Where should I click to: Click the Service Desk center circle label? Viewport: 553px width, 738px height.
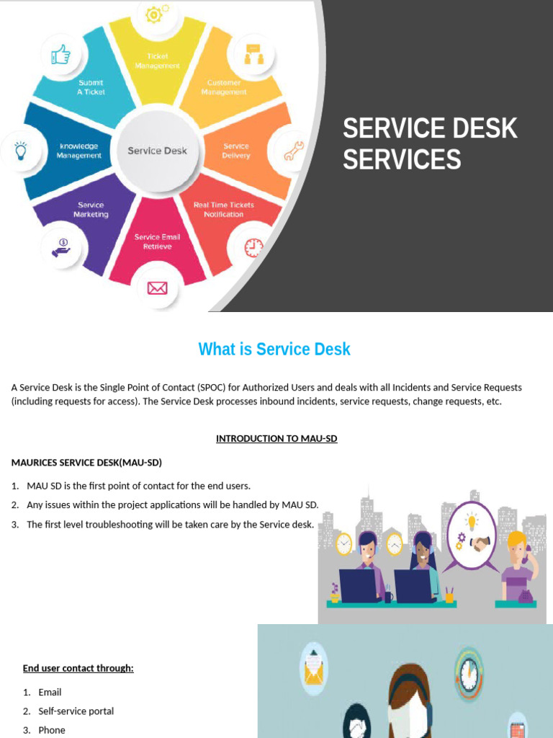click(157, 151)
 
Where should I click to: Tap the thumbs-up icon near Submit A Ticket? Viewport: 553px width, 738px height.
click(60, 54)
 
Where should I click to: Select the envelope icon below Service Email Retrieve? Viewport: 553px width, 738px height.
click(157, 288)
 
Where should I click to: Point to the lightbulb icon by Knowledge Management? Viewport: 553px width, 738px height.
click(20, 151)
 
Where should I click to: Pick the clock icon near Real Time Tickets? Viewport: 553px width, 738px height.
click(253, 247)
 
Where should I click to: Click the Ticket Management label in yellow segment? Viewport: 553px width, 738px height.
click(157, 61)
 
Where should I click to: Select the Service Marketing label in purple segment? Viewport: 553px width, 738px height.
click(91, 210)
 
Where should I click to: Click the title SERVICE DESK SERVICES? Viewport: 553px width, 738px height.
click(430, 143)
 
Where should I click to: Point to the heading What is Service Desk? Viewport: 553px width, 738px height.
click(274, 350)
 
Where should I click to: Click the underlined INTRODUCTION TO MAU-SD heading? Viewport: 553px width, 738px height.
click(276, 438)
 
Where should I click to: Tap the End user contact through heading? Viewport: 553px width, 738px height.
click(78, 668)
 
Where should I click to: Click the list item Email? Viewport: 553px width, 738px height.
click(50, 692)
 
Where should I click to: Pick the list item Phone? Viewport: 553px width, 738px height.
click(52, 730)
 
